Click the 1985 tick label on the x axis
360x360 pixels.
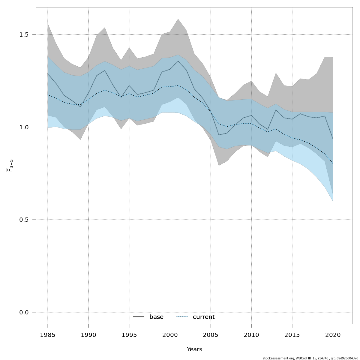pyautogui.click(x=48, y=335)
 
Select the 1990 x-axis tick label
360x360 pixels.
pyautogui.click(x=88, y=335)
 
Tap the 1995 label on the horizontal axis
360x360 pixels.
pyautogui.click(x=129, y=335)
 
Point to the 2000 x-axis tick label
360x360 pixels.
pyautogui.click(x=170, y=335)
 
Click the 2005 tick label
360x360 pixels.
pyautogui.click(x=211, y=335)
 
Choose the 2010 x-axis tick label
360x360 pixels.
pyautogui.click(x=251, y=335)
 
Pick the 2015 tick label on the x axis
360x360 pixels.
pyautogui.click(x=292, y=335)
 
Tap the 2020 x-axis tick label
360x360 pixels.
pyautogui.click(x=333, y=335)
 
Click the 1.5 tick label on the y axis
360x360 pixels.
pyautogui.click(x=26, y=34)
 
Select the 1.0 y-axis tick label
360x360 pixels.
pyautogui.click(x=26, y=127)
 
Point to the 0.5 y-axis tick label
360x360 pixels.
pyautogui.click(x=26, y=220)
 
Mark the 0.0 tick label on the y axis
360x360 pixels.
pyautogui.click(x=26, y=312)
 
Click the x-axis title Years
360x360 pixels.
pyautogui.click(x=194, y=349)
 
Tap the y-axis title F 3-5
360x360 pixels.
pyautogui.click(x=10, y=166)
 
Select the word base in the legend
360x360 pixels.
pyautogui.click(x=156, y=317)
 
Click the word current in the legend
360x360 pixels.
pyautogui.click(x=204, y=317)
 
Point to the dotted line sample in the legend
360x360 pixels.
pyautogui.click(x=182, y=317)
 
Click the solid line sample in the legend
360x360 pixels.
pyautogui.click(x=139, y=317)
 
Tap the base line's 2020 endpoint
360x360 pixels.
pyautogui.click(x=333, y=139)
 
